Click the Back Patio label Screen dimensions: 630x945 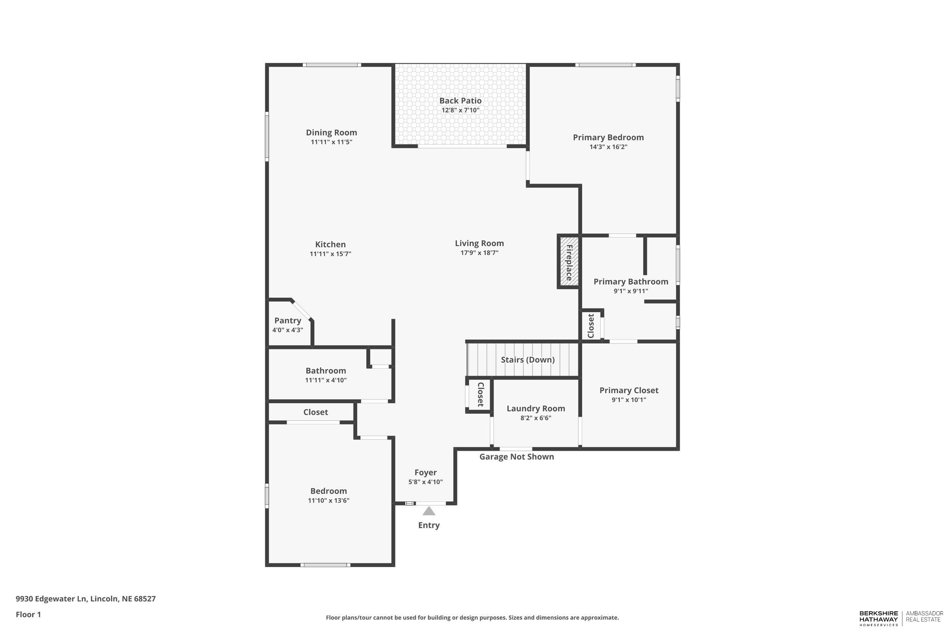(460, 101)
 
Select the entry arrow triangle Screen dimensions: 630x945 (429, 511)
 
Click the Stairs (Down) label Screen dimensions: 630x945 (528, 360)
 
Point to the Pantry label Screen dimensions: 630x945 (288, 320)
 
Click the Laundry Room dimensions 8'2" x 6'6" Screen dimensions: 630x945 (536, 418)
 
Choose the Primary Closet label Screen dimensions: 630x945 (629, 390)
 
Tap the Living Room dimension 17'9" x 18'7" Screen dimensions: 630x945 (479, 253)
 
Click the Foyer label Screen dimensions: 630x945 (426, 472)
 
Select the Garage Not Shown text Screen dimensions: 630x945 (516, 457)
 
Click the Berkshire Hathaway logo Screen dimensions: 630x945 (878, 619)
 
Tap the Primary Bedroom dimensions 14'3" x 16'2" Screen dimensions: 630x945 (608, 147)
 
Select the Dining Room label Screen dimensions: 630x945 (332, 133)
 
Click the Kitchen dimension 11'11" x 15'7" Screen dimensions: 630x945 (330, 254)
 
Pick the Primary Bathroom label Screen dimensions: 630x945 (631, 282)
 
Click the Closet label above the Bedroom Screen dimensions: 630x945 (315, 412)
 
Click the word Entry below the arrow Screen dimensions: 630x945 (429, 525)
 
